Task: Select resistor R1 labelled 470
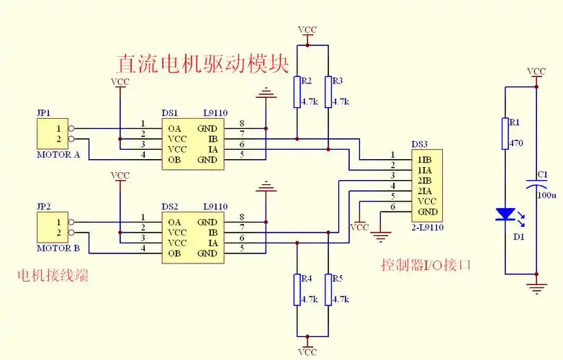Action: tap(505, 133)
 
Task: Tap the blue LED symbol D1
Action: tap(505, 215)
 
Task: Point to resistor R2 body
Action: tap(296, 91)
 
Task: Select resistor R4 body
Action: tap(296, 289)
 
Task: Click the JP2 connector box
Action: tap(52, 228)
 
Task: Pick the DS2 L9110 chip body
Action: tap(192, 237)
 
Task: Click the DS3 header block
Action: tap(425, 185)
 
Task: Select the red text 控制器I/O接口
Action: tap(425, 264)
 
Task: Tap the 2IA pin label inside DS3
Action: tap(425, 191)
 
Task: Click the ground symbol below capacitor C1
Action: tap(536, 289)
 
